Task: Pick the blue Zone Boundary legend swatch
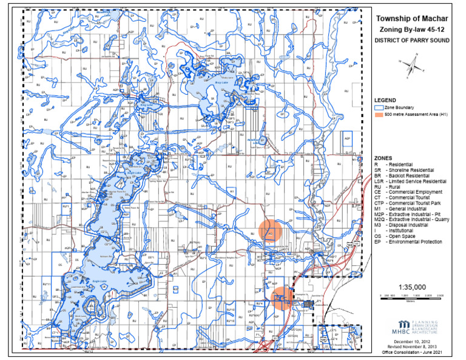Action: (x=379, y=107)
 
